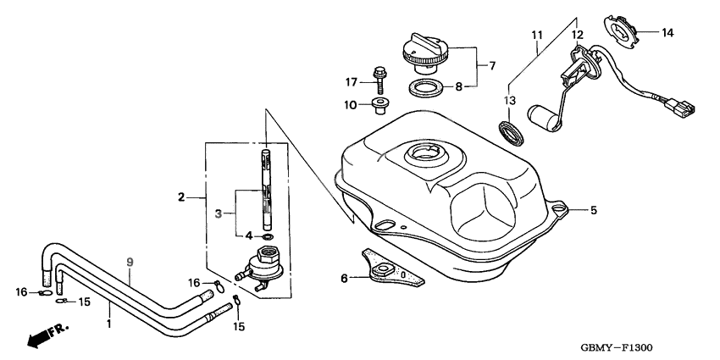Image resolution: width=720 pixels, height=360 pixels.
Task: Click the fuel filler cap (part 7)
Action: click(x=424, y=53)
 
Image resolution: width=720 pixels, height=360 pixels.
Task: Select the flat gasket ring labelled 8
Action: click(x=426, y=87)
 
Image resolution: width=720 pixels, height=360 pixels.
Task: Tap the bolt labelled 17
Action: click(x=379, y=80)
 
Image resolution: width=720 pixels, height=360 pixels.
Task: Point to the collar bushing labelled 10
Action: click(x=379, y=107)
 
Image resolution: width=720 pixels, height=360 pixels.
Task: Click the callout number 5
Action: click(x=594, y=210)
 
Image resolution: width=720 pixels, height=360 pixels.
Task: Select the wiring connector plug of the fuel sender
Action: click(x=679, y=107)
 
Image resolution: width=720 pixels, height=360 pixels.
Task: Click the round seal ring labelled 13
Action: click(x=512, y=132)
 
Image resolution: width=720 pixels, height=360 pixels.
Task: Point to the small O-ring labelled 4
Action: click(x=268, y=237)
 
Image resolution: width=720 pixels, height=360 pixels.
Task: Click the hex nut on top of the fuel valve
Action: click(x=266, y=253)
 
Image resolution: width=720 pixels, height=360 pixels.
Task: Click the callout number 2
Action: click(x=181, y=197)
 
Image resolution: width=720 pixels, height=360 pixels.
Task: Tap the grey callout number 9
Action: click(x=130, y=263)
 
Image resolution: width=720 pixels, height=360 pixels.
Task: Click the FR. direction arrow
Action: click(x=47, y=335)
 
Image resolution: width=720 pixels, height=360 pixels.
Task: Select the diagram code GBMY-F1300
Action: click(x=617, y=347)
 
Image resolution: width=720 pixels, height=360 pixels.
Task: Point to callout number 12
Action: click(x=577, y=35)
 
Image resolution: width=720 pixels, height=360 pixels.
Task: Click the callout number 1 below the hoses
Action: click(x=108, y=324)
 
